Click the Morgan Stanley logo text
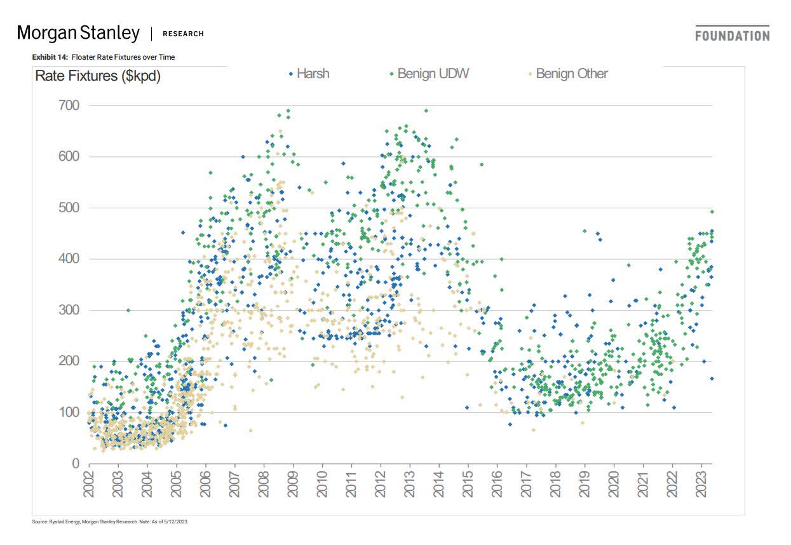(x=78, y=32)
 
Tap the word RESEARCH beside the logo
(x=183, y=34)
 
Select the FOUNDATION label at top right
(x=732, y=36)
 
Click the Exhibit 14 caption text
(x=104, y=57)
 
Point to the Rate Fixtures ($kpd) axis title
(x=98, y=76)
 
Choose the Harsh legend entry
(x=309, y=74)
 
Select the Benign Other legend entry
(x=567, y=74)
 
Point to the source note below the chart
(x=110, y=521)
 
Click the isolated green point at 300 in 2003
(x=128, y=310)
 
